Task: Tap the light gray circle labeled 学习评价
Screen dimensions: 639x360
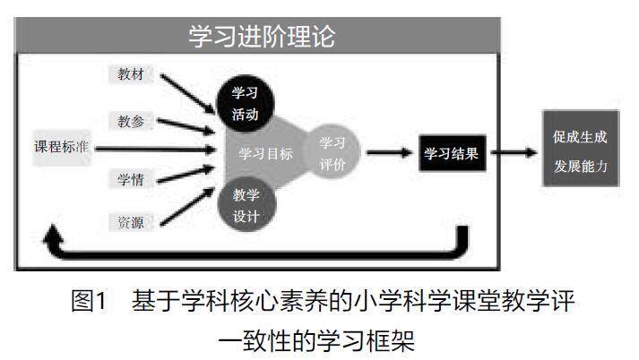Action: point(332,153)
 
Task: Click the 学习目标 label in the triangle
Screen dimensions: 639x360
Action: point(266,153)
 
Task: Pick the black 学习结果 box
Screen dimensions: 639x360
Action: point(453,153)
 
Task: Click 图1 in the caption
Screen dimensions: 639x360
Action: point(90,301)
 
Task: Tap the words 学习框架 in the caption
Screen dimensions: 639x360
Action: point(379,340)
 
